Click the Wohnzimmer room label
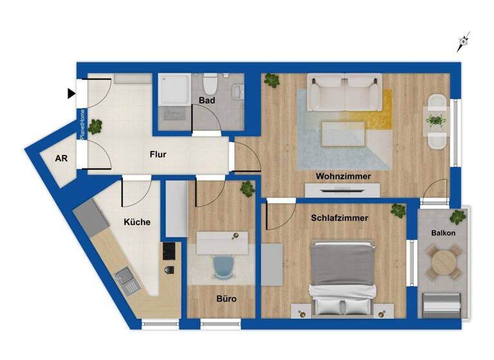pyautogui.click(x=343, y=175)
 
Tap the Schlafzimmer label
pyautogui.click(x=340, y=218)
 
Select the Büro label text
pyautogui.click(x=226, y=299)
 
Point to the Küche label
pyautogui.click(x=137, y=222)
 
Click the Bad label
pyautogui.click(x=206, y=101)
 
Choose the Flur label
pyautogui.click(x=158, y=154)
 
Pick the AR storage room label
pyautogui.click(x=62, y=159)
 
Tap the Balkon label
pyautogui.click(x=444, y=233)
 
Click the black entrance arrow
pyautogui.click(x=71, y=94)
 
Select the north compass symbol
pyautogui.click(x=463, y=42)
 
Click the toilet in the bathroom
pyautogui.click(x=210, y=84)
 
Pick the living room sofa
pyautogui.click(x=345, y=93)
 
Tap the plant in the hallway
pyautogui.click(x=95, y=126)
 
